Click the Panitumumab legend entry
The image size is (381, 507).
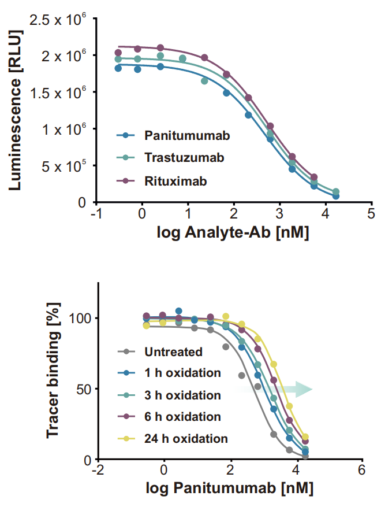click(x=173, y=135)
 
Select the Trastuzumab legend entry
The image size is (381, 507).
click(x=170, y=157)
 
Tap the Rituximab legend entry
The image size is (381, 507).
click(x=162, y=181)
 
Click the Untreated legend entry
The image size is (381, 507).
click(x=160, y=352)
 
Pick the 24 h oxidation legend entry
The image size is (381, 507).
click(x=173, y=438)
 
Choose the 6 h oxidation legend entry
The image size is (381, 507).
click(x=170, y=416)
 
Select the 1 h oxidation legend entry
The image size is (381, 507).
click(x=170, y=373)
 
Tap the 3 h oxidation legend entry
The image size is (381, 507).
click(x=170, y=395)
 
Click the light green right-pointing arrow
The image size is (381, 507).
click(x=274, y=389)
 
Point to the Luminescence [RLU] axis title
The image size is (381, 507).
click(x=15, y=110)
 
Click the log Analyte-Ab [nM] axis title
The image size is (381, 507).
click(x=233, y=232)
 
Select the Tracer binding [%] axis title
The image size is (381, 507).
click(x=53, y=371)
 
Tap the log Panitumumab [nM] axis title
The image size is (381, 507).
click(x=230, y=488)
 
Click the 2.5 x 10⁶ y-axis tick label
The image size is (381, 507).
click(x=58, y=20)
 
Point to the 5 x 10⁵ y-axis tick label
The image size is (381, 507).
click(x=64, y=166)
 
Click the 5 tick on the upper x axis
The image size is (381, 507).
click(x=371, y=214)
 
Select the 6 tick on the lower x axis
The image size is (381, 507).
click(x=361, y=470)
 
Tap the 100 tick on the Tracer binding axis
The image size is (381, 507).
click(x=80, y=318)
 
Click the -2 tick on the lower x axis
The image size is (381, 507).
click(x=98, y=470)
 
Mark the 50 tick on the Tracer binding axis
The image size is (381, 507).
click(x=84, y=389)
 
